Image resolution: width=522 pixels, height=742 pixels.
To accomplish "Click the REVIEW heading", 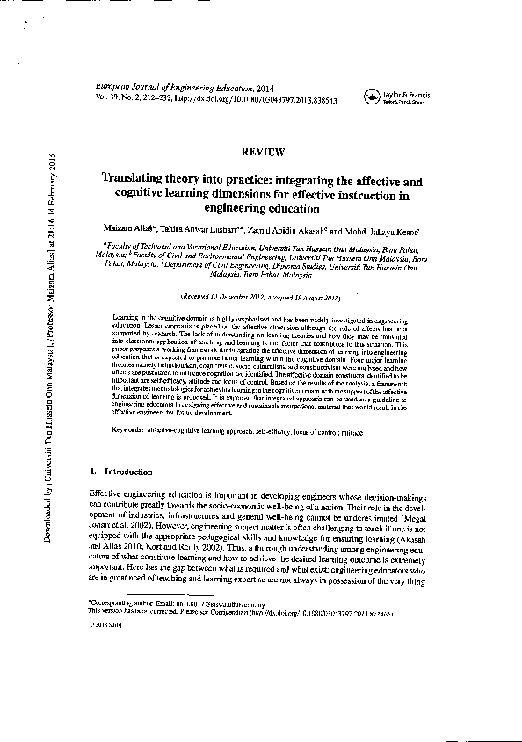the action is click(262, 152).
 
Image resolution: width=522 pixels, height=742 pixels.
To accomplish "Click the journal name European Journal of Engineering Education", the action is click(166, 90).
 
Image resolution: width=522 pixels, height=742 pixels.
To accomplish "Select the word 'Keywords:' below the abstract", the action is click(134, 429).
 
